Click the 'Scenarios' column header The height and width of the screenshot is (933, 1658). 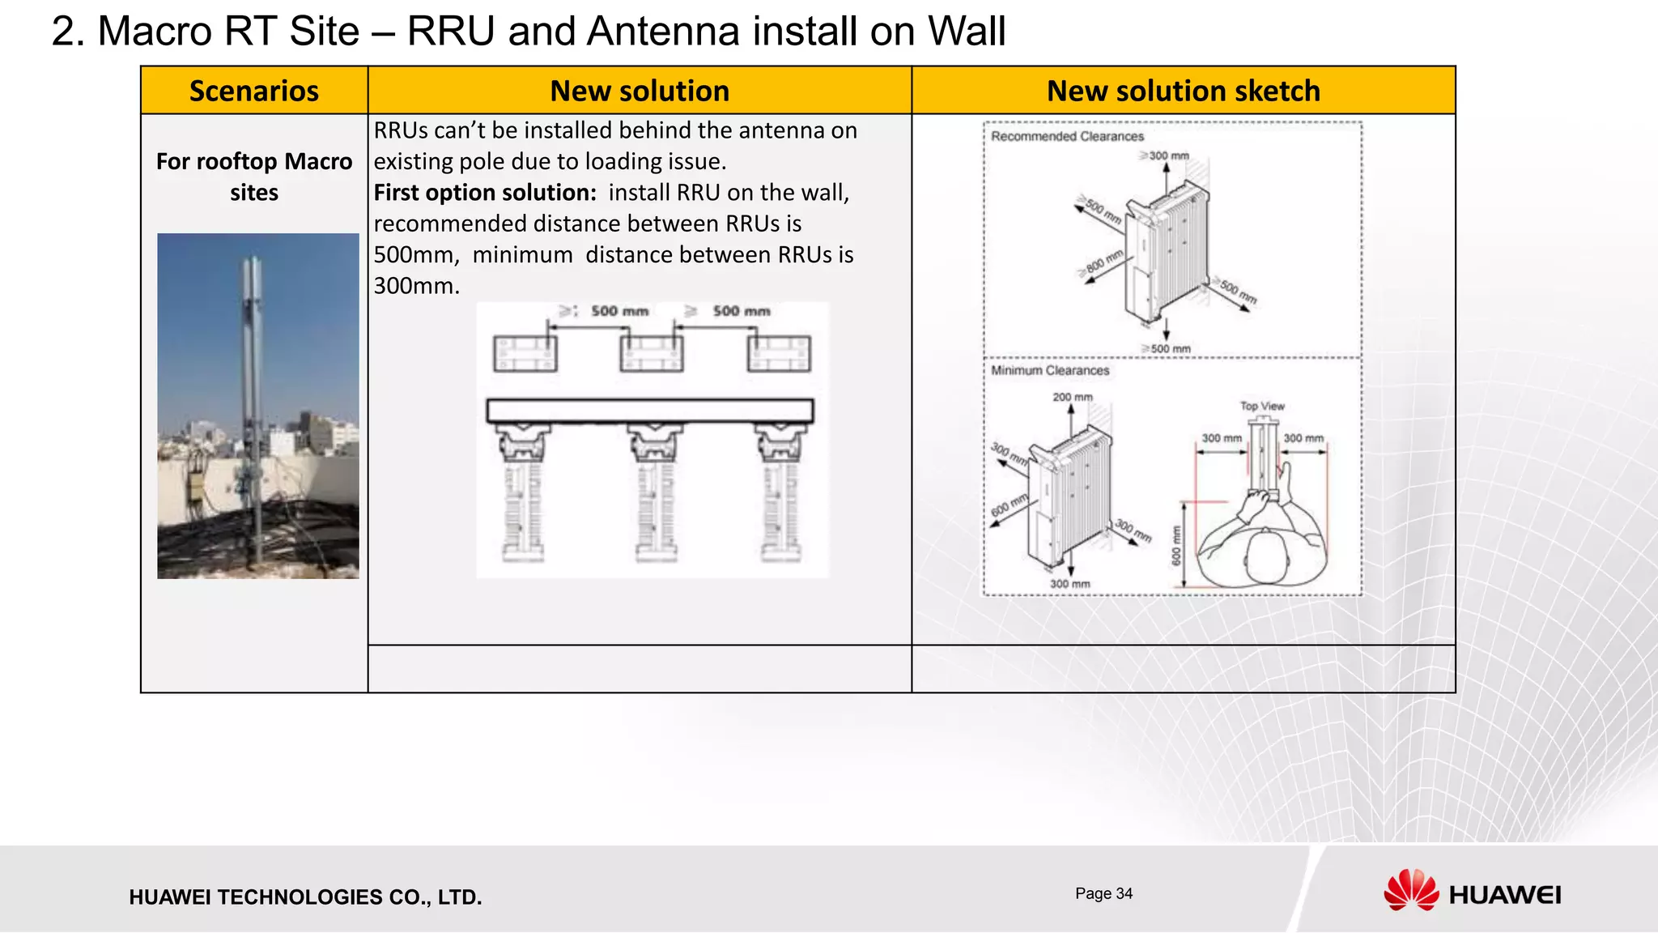[x=253, y=91]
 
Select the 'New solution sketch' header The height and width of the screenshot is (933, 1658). [x=1183, y=91]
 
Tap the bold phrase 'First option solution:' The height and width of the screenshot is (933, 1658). [x=485, y=193]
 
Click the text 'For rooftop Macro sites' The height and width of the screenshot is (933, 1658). [x=253, y=177]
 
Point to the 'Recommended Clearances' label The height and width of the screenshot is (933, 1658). [x=1067, y=136]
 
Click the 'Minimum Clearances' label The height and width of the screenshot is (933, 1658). [x=1050, y=370]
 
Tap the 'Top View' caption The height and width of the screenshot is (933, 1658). [x=1262, y=406]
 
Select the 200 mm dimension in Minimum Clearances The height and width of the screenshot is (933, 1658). [x=1072, y=397]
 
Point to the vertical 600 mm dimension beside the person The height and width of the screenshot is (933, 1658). [x=1176, y=545]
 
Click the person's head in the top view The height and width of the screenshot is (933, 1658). [x=1266, y=555]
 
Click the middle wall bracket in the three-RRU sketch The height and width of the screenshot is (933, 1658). [x=651, y=354]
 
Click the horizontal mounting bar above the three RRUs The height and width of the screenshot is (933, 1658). [x=649, y=411]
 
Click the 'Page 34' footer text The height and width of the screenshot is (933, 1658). [x=1103, y=893]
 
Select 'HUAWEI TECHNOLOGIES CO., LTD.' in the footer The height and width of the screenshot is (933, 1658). [x=305, y=897]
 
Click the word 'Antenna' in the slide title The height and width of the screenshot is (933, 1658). [x=663, y=32]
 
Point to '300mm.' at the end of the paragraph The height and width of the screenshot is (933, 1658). [x=416, y=286]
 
